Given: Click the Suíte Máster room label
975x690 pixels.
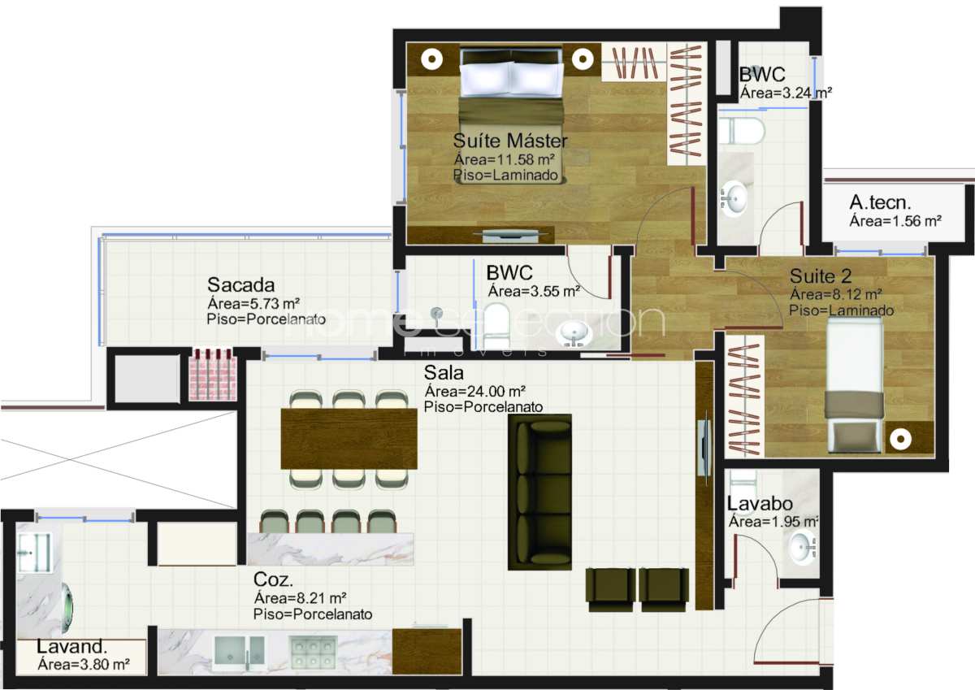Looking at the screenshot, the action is click(510, 141).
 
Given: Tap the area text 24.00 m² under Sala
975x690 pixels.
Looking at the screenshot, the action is click(474, 392).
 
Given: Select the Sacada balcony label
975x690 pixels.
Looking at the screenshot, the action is click(240, 285).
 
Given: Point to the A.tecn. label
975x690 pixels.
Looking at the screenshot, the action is click(880, 202).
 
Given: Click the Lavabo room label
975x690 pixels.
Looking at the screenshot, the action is click(760, 504).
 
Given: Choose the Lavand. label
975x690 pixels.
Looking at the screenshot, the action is click(71, 646).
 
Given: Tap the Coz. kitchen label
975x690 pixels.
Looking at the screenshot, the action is click(273, 579).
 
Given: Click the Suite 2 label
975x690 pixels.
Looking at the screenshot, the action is click(821, 276).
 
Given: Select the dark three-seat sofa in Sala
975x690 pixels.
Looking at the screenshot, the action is click(539, 492).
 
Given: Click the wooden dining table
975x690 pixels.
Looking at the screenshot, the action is click(349, 438).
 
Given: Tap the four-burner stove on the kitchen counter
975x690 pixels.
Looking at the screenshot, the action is click(313, 652).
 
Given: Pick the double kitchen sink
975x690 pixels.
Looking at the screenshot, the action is click(239, 653).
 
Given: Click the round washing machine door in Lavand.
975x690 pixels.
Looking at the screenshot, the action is click(68, 607).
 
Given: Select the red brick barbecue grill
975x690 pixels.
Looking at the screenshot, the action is click(213, 375).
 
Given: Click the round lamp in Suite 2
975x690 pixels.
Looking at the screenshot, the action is click(900, 439).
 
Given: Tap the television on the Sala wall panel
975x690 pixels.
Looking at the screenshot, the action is click(703, 448).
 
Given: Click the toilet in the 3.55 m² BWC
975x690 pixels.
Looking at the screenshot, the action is click(496, 326).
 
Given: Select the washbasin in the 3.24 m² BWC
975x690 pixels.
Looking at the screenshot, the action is click(734, 198).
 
